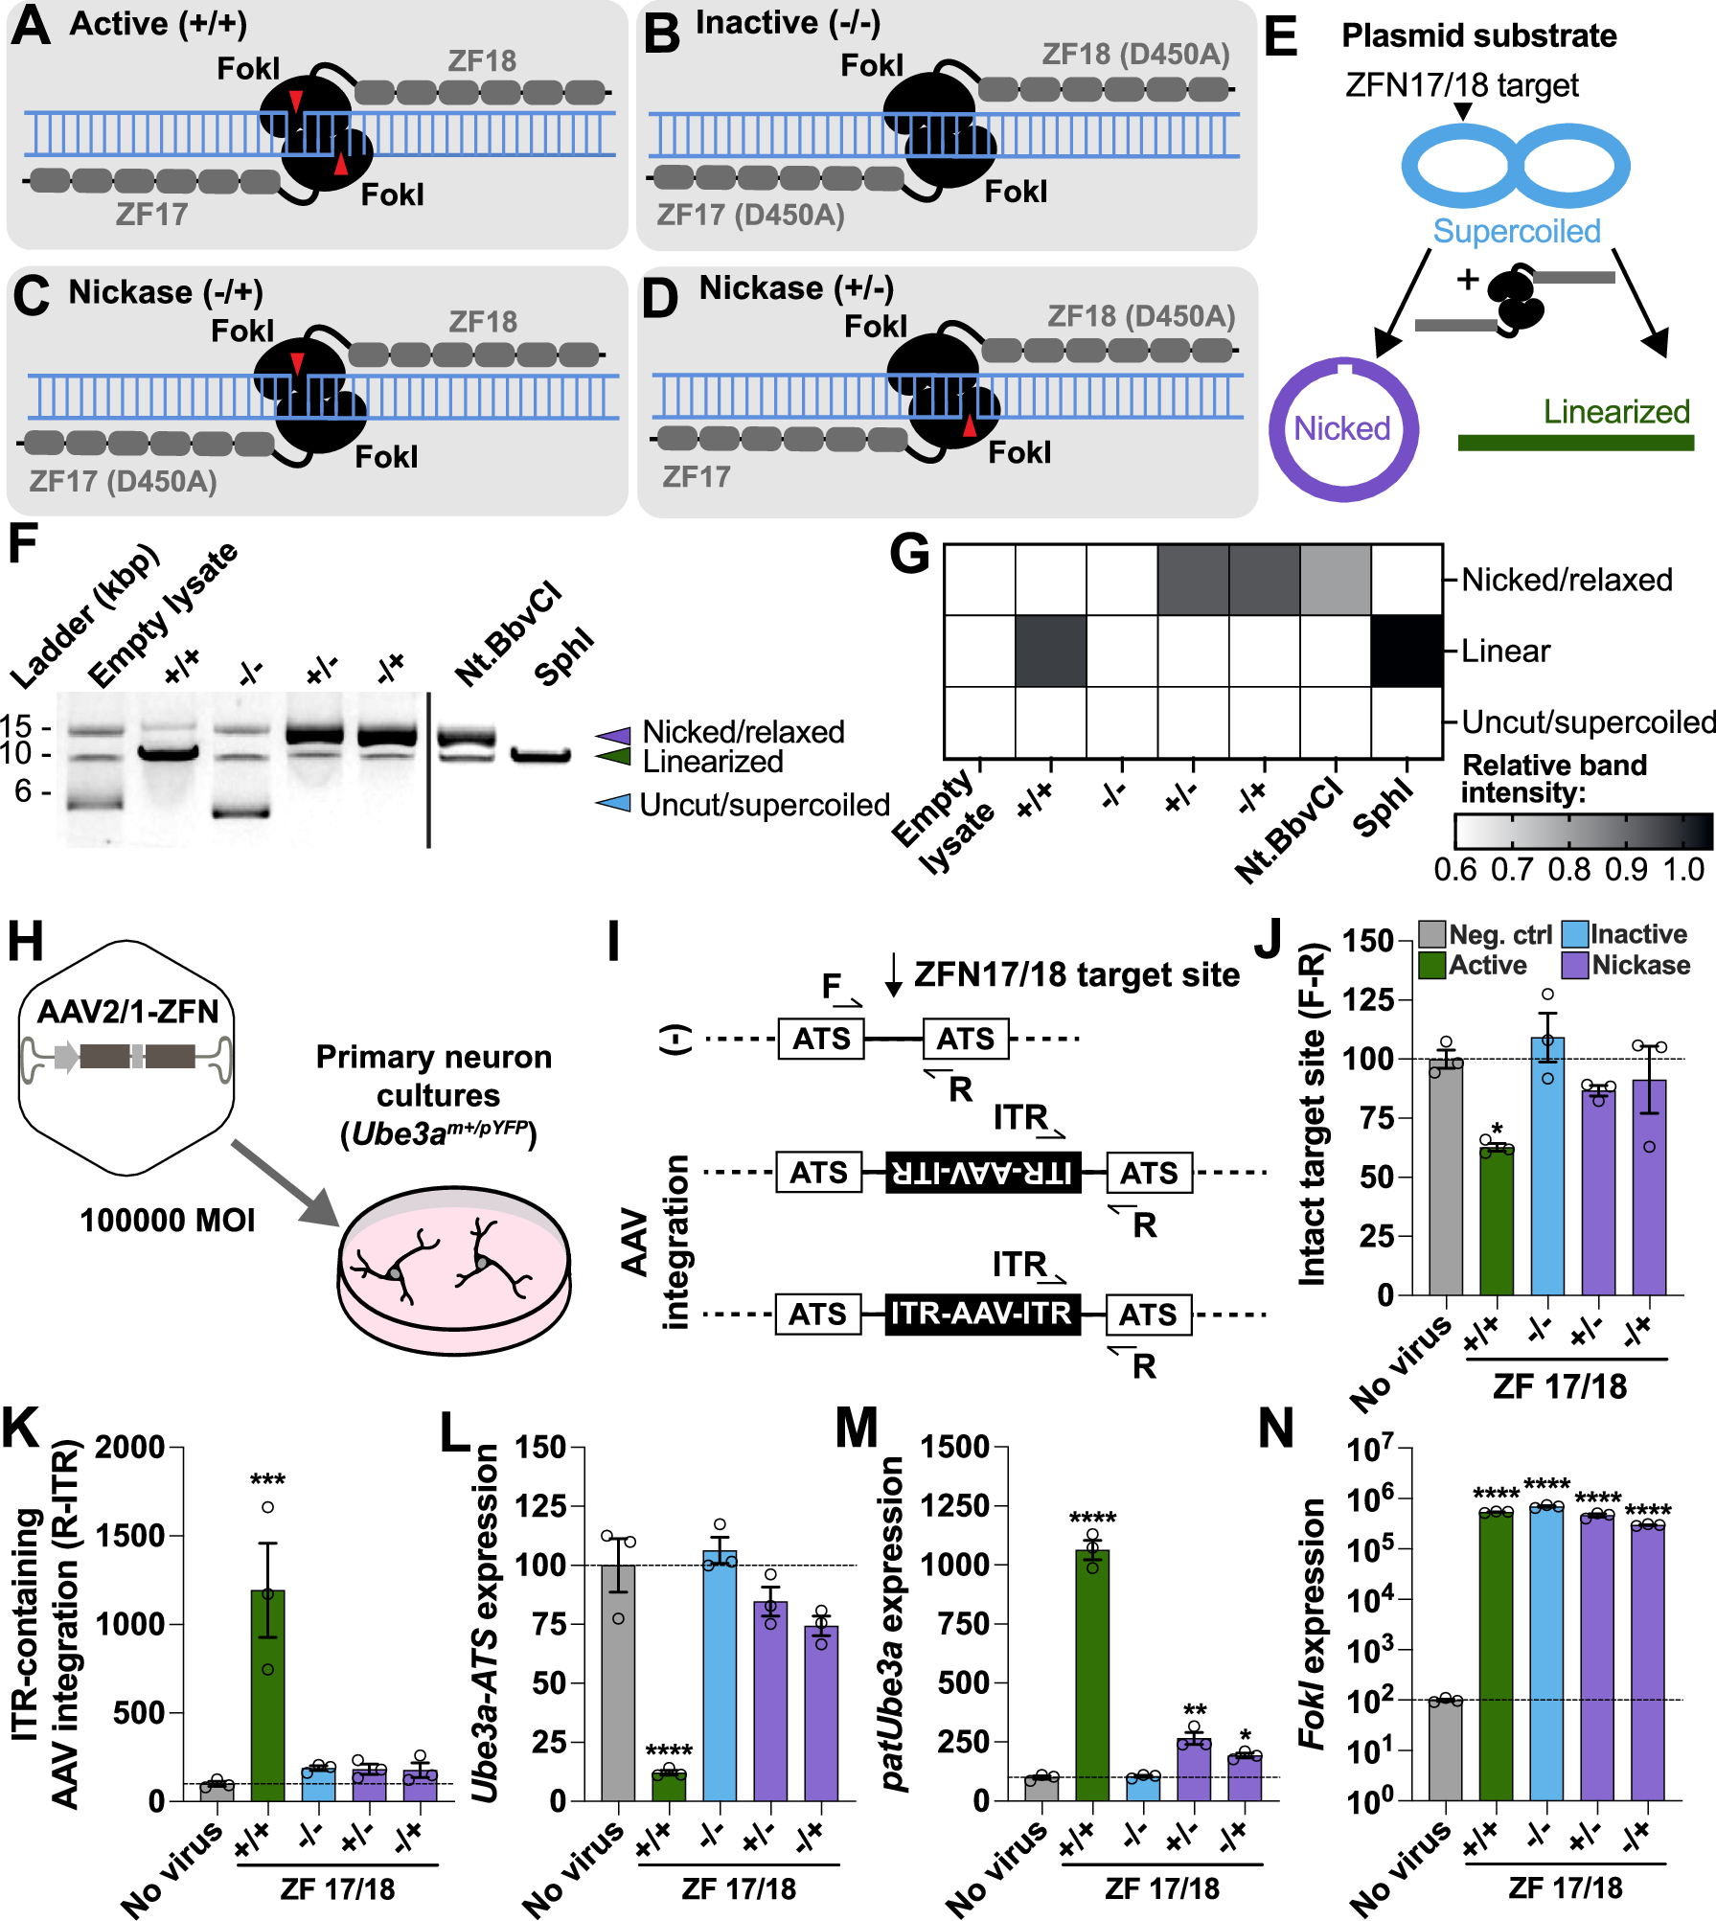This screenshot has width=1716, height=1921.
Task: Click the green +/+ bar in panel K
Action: point(267,1696)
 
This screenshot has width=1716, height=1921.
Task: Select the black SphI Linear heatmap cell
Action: point(1407,651)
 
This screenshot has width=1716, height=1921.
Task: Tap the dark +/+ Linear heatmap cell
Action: point(1051,651)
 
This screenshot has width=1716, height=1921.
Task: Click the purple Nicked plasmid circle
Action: point(1343,428)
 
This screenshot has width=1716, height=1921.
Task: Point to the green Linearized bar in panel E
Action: point(1575,443)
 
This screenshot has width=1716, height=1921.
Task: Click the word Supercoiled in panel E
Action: point(1517,231)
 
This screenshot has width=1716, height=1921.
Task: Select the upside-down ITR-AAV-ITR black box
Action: point(983,1172)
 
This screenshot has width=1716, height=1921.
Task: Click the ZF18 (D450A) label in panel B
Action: point(1135,54)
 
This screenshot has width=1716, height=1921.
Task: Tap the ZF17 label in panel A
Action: point(151,214)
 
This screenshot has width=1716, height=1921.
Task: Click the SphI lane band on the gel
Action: point(540,755)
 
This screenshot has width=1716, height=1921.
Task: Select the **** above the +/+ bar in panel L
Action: point(669,1751)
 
